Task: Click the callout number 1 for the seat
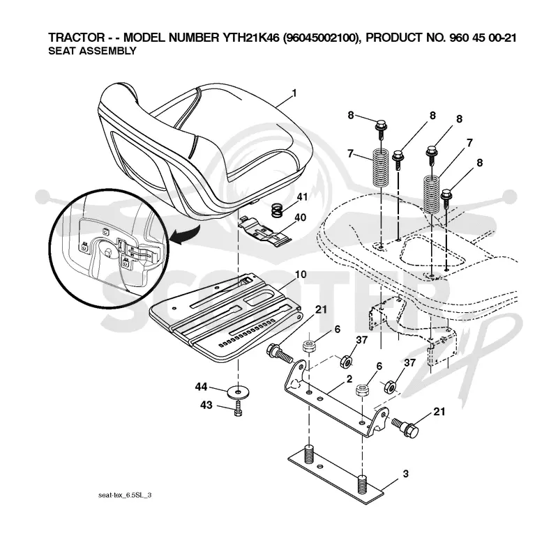tap(294, 93)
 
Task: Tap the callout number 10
tap(301, 275)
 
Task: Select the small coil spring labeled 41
tap(278, 210)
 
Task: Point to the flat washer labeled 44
tap(238, 392)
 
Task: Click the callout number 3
tap(406, 474)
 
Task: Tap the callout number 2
tap(349, 379)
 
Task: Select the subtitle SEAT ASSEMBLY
tap(92, 51)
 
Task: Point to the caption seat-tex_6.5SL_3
tap(125, 495)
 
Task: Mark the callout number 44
tap(201, 387)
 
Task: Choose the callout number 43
tap(206, 405)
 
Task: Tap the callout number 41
tap(302, 196)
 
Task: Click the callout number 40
tap(301, 217)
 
